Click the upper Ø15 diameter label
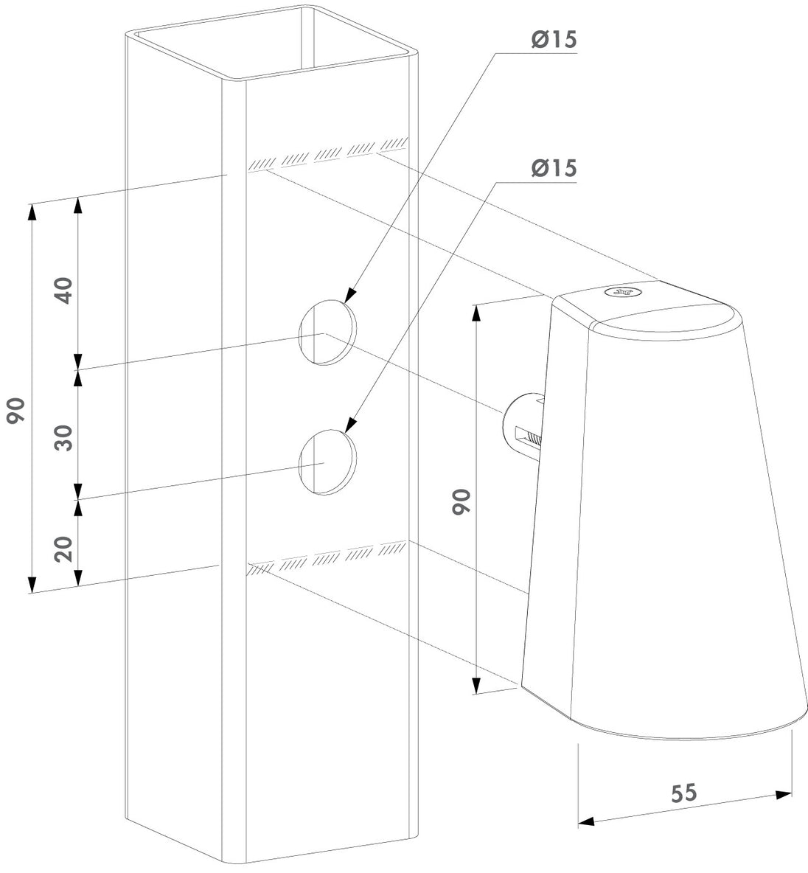(554, 40)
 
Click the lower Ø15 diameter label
(554, 168)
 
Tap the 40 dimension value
(66, 290)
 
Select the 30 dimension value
(66, 438)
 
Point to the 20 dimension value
(66, 549)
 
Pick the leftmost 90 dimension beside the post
(17, 411)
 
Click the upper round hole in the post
(327, 333)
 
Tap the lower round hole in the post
(327, 462)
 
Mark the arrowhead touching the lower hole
(349, 424)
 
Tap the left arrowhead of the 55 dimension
(586, 821)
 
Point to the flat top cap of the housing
(646, 308)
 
